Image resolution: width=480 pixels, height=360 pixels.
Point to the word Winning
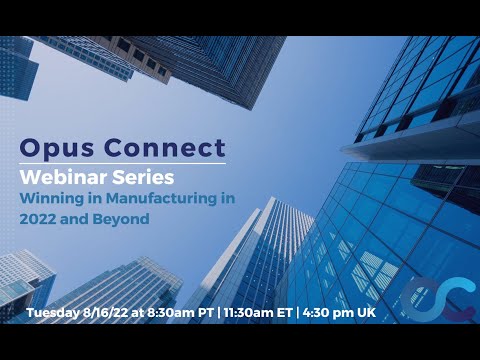pyautogui.click(x=51, y=198)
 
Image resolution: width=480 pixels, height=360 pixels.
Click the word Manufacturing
pyautogui.click(x=154, y=198)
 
